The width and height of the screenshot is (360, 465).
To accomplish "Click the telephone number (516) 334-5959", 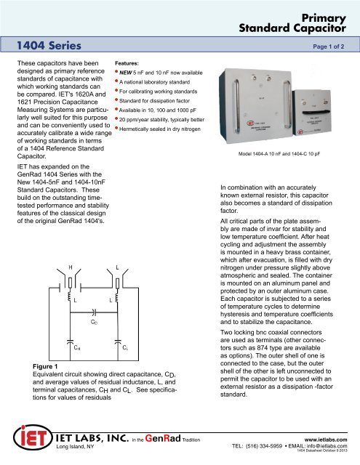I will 266,446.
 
